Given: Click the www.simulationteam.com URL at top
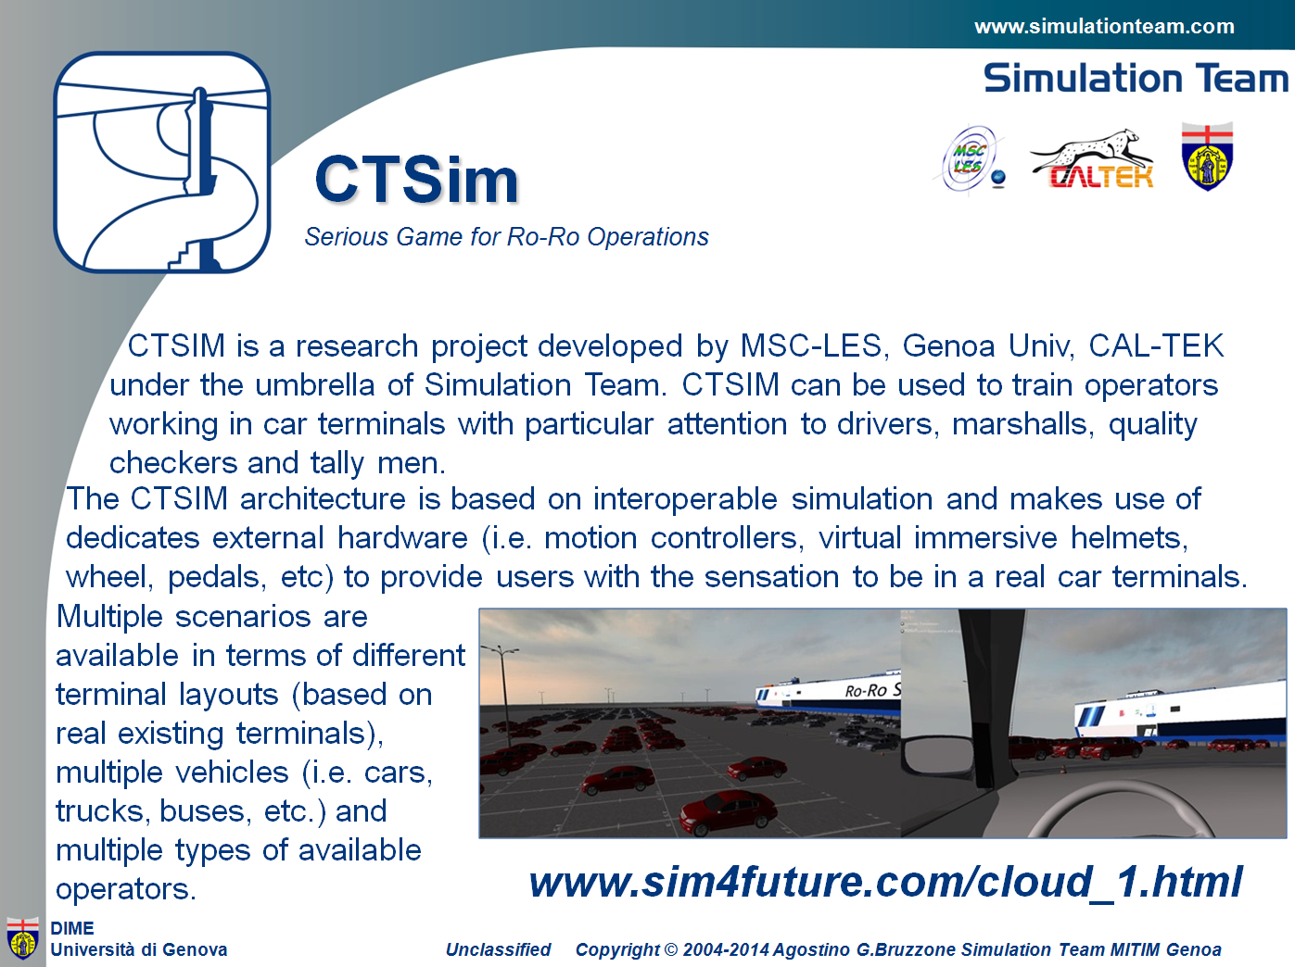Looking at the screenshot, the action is [x=1104, y=27].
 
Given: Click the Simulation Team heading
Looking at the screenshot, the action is [x=1136, y=79].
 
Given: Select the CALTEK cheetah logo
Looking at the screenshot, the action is [x=1092, y=158].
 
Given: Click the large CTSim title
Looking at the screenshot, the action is [x=416, y=180].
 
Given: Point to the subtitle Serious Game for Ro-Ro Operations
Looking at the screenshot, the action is [x=506, y=237].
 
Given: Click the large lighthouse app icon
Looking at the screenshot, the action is [x=161, y=162].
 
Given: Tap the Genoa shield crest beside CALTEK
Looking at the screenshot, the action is [x=1207, y=157].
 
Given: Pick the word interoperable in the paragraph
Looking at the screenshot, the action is [x=685, y=499].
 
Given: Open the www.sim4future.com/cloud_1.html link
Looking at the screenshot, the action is [x=885, y=882].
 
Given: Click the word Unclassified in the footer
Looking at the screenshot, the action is [x=498, y=949].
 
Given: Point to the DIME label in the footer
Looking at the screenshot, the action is [x=72, y=928].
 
